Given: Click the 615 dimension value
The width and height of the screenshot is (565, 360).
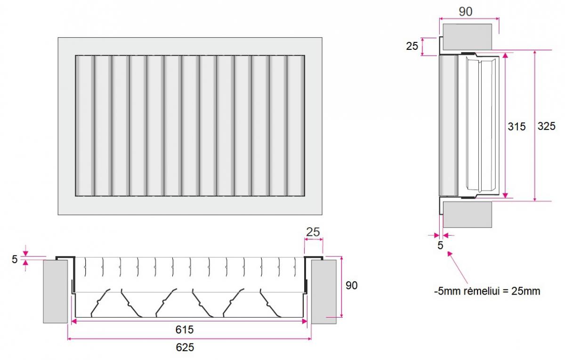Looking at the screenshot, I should click(186, 329).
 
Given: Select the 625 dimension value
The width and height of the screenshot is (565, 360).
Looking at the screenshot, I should click(186, 348).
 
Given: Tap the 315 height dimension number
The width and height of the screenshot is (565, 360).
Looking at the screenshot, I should click(517, 127).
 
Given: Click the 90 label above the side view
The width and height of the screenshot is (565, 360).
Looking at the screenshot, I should click(465, 12).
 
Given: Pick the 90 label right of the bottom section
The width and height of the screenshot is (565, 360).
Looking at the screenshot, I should click(351, 286).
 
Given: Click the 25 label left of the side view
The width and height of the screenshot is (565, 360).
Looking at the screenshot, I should click(412, 46).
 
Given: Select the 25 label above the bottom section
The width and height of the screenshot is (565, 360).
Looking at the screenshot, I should click(313, 232).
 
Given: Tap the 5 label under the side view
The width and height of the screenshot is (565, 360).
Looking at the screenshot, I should click(440, 245).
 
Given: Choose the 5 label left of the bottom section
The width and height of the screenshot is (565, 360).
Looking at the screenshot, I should click(14, 259).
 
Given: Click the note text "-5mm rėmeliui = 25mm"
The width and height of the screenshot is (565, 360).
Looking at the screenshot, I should click(487, 291).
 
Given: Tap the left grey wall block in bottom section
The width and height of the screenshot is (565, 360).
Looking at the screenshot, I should click(56, 292).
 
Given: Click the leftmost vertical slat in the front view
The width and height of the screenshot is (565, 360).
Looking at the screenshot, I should click(85, 126).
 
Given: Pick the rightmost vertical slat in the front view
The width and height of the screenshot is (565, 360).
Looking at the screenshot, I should click(295, 126).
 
